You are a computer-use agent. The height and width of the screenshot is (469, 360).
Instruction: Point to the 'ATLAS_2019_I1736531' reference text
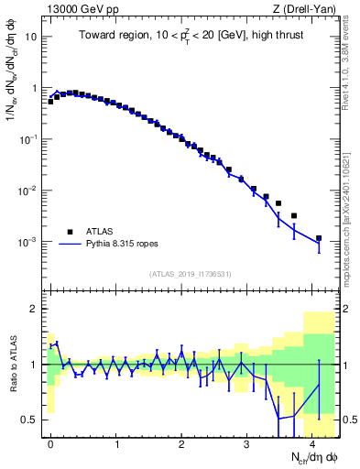point(190,275)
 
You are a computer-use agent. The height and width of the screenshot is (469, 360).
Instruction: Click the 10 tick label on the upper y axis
point(31,38)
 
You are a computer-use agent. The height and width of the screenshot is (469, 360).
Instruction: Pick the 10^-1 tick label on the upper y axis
point(29,140)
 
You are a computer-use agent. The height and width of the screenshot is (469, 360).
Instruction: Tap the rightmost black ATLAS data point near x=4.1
point(319,238)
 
